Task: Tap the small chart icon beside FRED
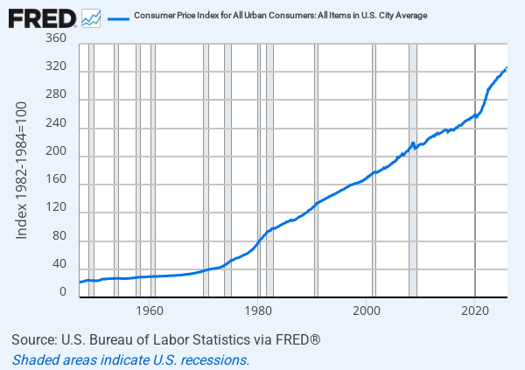90,17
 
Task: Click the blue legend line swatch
119,17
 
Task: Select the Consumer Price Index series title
280,17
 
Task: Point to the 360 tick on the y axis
55,39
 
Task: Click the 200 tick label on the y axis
55,157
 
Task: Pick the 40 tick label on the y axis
58,264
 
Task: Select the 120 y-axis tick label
55,213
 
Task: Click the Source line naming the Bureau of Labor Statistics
166,339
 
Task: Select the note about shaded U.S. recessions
131,360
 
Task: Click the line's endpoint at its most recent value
507,68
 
